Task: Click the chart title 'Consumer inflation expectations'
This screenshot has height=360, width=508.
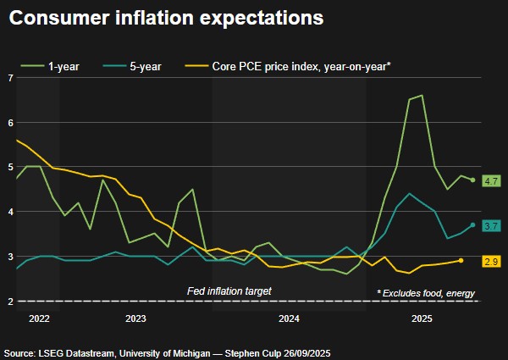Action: point(167,18)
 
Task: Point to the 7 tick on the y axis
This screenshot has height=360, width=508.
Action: point(9,78)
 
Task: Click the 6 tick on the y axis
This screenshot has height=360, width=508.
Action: point(9,122)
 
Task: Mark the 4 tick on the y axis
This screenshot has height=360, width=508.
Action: point(9,212)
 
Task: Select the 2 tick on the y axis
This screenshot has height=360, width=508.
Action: point(9,301)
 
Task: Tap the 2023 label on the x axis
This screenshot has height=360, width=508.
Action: point(135,319)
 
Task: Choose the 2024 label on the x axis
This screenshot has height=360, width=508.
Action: point(289,319)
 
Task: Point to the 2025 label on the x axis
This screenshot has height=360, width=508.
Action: point(422,319)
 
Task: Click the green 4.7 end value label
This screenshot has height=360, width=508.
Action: point(491,180)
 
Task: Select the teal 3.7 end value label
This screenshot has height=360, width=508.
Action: point(491,225)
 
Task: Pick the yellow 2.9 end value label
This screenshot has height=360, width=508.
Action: point(491,261)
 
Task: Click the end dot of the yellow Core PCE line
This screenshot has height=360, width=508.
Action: point(461,261)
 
